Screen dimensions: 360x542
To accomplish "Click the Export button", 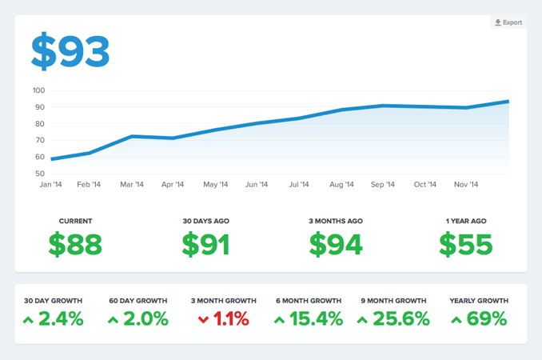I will point(508,22).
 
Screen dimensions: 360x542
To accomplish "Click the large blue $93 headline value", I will point(70,52).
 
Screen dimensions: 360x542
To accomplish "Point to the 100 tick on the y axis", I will point(39,90).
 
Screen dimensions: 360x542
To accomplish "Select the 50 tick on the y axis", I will point(39,174).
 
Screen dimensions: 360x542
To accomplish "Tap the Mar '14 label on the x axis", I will point(131,185).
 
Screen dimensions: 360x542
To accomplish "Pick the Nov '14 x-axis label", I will point(467,185).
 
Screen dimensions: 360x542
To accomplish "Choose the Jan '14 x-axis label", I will point(50,185).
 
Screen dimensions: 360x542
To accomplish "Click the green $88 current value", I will point(75,245).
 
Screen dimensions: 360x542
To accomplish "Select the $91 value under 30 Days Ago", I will point(205,245).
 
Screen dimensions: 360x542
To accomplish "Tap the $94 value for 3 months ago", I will point(336,245).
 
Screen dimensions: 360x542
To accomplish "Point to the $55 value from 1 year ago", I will point(466,245).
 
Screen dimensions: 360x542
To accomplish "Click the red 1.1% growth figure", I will point(232,319).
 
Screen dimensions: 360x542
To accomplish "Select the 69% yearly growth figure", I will point(486,319).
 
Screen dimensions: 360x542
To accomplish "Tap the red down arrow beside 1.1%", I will point(203,320).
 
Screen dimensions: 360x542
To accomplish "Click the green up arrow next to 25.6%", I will point(362,320).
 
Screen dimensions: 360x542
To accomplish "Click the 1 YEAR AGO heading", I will point(466,221).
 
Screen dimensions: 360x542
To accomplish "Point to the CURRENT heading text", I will point(75,221).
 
